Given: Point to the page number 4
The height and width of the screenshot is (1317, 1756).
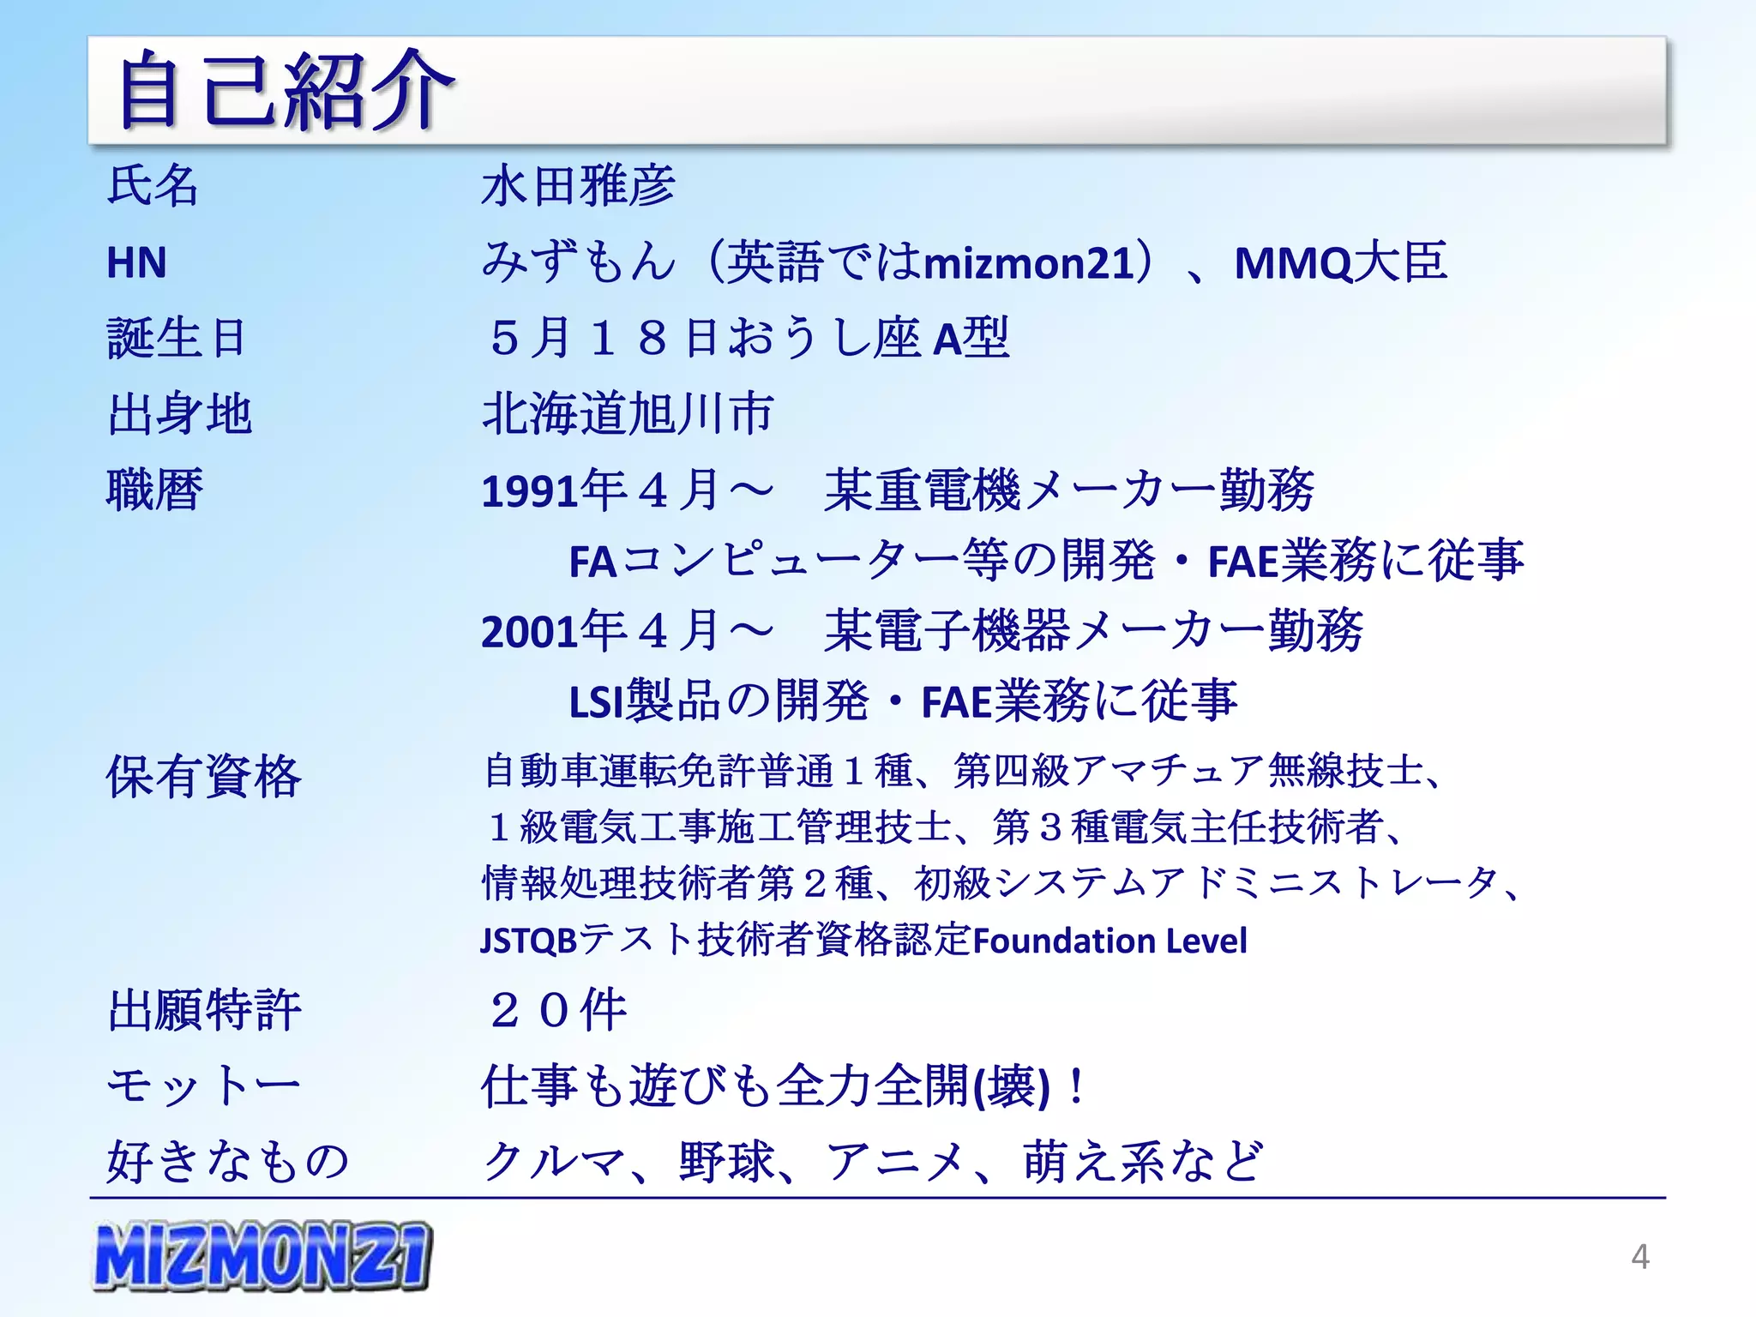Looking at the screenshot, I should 1639,1257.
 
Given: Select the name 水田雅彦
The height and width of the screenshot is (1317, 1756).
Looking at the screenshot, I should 578,186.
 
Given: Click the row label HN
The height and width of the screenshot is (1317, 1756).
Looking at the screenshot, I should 136,262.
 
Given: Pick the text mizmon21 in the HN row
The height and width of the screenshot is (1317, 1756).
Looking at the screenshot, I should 1029,262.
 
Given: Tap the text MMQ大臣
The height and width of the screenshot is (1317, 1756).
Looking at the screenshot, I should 1340,262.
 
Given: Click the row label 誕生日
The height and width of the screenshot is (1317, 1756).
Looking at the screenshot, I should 177,338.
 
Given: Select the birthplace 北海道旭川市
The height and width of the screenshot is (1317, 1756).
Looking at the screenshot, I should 628,414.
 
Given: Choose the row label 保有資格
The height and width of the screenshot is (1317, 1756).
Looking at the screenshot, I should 203,777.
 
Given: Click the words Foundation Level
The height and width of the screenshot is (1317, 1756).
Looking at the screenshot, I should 1110,941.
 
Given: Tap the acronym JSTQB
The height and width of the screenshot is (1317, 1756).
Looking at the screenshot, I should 528,941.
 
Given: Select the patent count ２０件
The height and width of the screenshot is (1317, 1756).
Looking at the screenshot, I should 557,1010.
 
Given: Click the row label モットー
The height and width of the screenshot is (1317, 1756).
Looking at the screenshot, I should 203,1085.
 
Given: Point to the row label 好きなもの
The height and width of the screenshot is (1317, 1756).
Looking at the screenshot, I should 228,1162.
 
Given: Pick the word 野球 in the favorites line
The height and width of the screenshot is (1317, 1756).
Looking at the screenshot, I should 727,1162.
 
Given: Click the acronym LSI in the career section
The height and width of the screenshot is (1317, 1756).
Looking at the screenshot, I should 595,702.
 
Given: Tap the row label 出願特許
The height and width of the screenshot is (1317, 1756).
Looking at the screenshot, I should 204,1010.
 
